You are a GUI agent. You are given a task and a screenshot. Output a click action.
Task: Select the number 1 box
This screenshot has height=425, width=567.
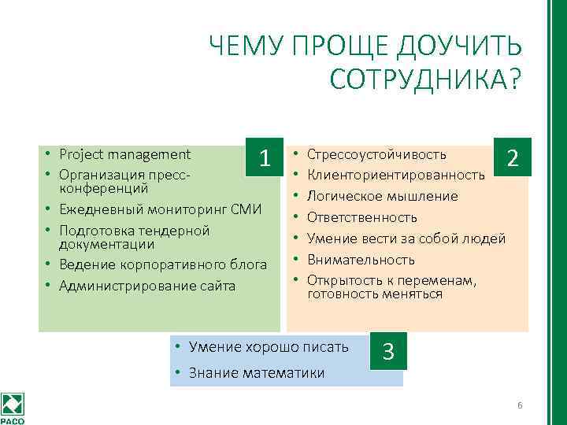tap(266, 157)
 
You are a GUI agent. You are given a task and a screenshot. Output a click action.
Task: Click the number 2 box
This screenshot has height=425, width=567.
tap(513, 157)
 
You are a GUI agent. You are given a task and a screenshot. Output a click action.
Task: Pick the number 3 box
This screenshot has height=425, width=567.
tap(388, 351)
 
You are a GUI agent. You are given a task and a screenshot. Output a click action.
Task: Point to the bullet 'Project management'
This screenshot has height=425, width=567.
tap(125, 153)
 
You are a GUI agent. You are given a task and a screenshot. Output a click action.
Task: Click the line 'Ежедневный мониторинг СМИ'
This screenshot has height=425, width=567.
tap(161, 209)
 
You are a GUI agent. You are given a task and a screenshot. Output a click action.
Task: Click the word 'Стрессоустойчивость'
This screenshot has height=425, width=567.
tap(376, 153)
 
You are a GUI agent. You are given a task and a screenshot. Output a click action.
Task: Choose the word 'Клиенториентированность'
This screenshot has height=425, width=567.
tap(395, 174)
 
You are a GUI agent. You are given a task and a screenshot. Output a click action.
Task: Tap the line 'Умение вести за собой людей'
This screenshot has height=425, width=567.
tap(406, 238)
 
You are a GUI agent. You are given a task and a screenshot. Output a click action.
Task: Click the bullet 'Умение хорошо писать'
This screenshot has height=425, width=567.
tap(268, 346)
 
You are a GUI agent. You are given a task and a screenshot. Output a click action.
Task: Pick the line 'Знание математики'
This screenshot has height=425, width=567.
tap(257, 372)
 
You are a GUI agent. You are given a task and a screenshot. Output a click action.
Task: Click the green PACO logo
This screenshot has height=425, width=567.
tap(13, 406)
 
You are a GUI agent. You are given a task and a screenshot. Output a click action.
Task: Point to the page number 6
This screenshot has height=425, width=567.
tap(520, 405)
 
